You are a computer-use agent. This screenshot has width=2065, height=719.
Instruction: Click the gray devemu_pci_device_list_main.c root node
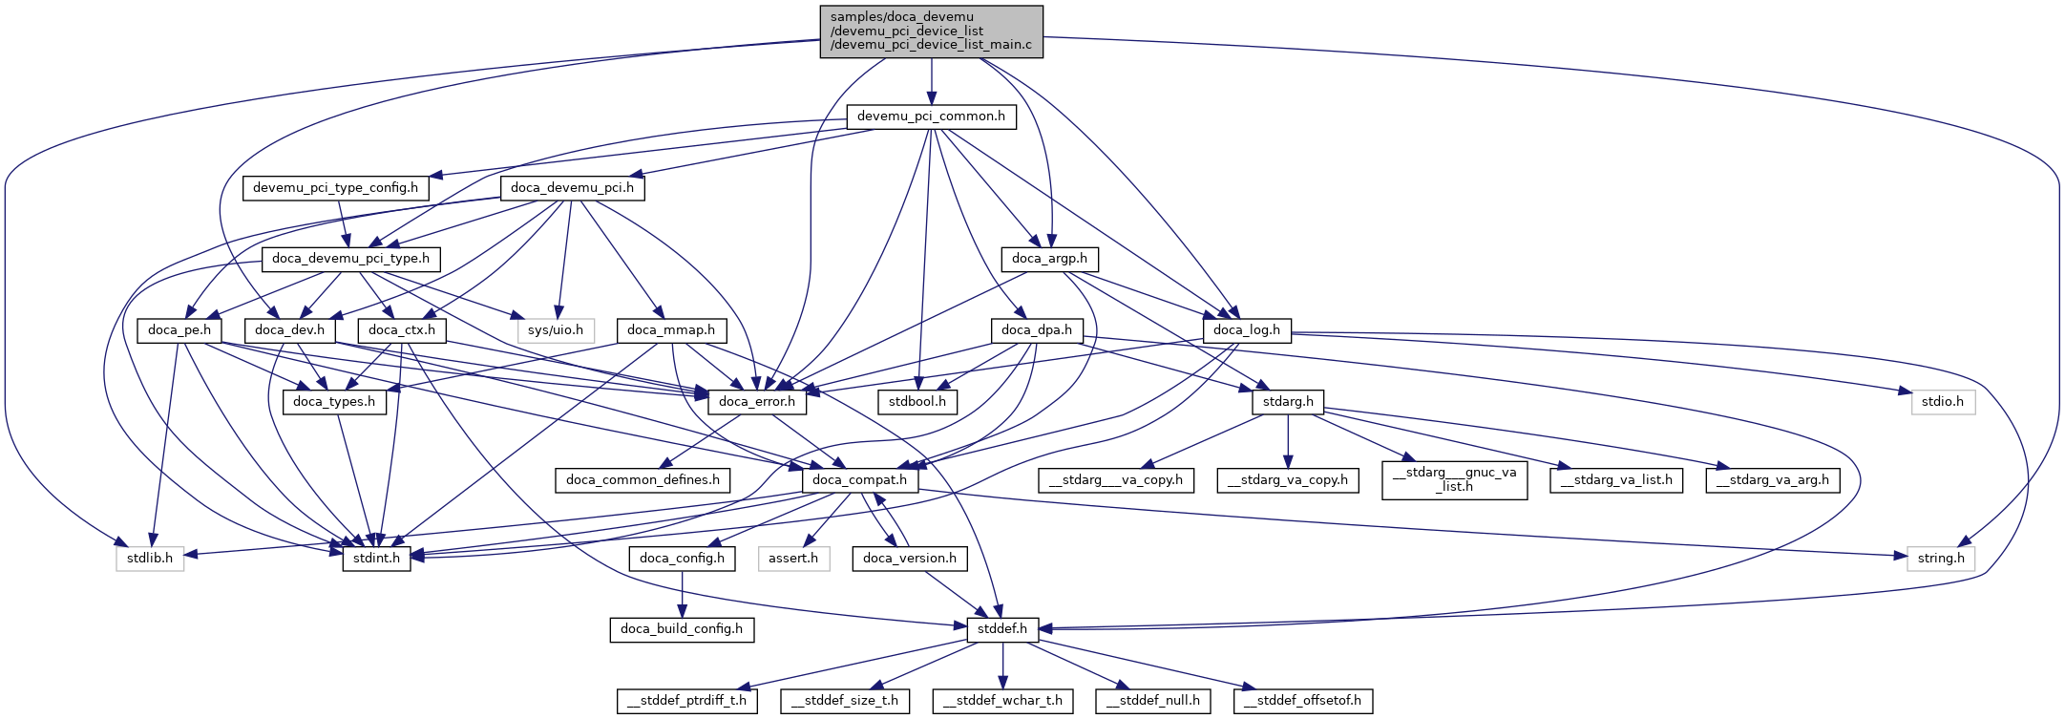click(x=931, y=32)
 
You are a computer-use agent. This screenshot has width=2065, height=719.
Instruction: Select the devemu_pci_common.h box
click(x=931, y=116)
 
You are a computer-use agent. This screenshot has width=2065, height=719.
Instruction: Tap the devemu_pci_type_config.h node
click(x=335, y=188)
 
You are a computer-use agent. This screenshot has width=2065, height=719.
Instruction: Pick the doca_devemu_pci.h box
click(x=572, y=188)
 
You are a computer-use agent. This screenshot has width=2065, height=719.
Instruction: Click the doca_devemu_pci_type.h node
click(x=351, y=259)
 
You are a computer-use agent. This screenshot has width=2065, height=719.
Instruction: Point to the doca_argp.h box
click(x=1049, y=259)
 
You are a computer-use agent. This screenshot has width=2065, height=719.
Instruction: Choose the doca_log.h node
click(x=1246, y=330)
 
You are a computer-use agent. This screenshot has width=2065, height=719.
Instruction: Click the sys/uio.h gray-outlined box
click(x=556, y=330)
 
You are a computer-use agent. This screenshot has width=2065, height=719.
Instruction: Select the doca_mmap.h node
click(x=671, y=330)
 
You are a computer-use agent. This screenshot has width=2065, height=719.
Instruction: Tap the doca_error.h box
click(x=757, y=402)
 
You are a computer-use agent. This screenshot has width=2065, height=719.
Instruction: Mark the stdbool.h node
click(x=917, y=402)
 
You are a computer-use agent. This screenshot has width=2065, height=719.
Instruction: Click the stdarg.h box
click(x=1288, y=402)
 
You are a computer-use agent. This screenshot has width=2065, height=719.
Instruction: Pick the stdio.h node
click(x=1943, y=402)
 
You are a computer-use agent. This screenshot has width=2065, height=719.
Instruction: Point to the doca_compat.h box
click(x=859, y=480)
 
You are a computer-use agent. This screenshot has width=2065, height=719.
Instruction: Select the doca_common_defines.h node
click(x=643, y=480)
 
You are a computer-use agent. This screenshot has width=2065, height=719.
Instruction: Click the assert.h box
click(x=793, y=559)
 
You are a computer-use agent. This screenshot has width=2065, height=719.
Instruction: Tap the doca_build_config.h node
click(x=682, y=629)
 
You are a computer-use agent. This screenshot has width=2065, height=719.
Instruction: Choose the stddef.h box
click(x=1002, y=629)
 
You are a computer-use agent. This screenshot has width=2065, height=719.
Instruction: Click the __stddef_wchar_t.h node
click(x=1002, y=701)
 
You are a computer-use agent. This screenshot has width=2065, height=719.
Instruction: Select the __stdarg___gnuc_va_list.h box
click(x=1454, y=479)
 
